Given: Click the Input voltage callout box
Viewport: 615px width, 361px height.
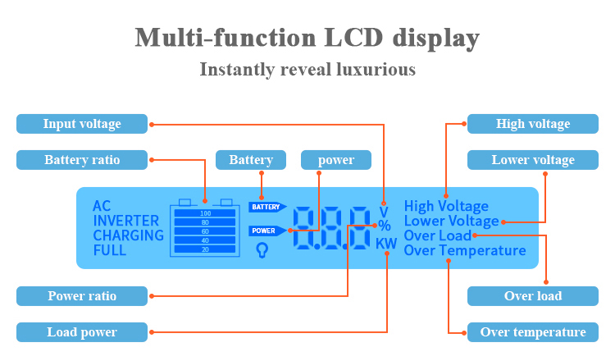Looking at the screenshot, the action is (x=82, y=124).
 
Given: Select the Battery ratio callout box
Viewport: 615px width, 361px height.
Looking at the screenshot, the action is (x=82, y=160).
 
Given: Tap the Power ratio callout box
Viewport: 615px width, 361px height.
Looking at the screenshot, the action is (x=82, y=296).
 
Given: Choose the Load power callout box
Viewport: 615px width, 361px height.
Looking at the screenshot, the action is (x=82, y=332).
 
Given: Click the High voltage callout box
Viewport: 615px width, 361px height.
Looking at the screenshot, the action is (x=533, y=124).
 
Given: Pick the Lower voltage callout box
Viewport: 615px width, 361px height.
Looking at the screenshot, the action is (x=533, y=160).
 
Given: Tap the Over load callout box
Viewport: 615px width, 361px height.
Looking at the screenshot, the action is (x=533, y=296).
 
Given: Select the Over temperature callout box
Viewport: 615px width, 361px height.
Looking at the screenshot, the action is (x=533, y=332).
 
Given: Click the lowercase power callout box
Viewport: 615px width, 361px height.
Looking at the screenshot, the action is (x=336, y=160).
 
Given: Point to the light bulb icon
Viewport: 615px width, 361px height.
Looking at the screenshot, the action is (x=262, y=250).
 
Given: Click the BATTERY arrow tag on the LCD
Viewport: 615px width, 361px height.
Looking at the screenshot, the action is (x=267, y=207).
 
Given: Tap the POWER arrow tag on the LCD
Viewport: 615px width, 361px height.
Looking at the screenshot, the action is (x=267, y=231).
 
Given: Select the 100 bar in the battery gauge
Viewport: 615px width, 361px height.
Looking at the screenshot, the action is (x=205, y=213).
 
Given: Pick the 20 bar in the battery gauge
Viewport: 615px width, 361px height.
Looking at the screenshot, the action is (x=205, y=249).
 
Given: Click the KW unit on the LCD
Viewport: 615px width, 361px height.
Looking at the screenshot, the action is (x=386, y=244).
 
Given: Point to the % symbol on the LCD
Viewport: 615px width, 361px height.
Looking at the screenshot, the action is (x=385, y=226).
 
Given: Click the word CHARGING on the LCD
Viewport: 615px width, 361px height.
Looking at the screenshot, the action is (x=128, y=235).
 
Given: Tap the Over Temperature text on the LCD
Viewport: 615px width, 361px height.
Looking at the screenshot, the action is (x=465, y=250).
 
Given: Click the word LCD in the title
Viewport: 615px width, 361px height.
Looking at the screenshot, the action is (x=353, y=38).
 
